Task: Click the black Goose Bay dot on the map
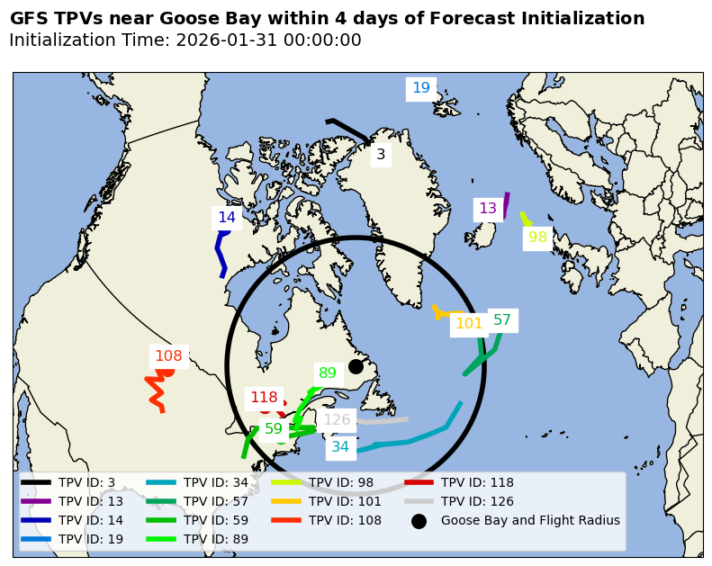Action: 356,366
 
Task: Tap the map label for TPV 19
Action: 421,88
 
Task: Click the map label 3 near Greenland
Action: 381,155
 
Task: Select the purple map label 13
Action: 488,209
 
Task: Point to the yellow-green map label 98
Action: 537,238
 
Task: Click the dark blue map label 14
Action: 227,218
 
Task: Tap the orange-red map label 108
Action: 168,356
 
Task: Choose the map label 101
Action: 469,324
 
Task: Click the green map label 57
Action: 502,320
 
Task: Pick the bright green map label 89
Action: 328,373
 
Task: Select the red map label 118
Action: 264,398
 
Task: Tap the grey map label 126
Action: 337,420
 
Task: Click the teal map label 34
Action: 340,446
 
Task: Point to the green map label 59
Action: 274,429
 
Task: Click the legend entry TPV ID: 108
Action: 345,520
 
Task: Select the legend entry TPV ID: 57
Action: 216,501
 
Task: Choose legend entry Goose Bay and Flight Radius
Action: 529,520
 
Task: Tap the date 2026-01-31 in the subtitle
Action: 224,40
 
